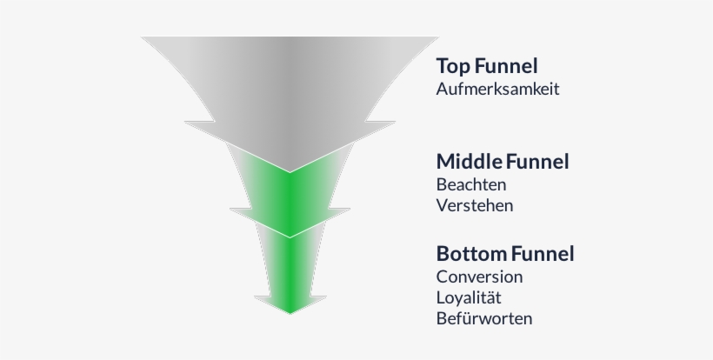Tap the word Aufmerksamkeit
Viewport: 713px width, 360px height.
pyautogui.click(x=497, y=89)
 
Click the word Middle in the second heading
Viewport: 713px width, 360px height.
pyautogui.click(x=470, y=162)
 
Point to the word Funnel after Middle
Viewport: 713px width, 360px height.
pyautogui.click(x=537, y=162)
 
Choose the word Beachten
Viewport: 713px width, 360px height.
pyautogui.click(x=471, y=184)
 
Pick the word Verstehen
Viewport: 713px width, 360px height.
pyautogui.click(x=475, y=206)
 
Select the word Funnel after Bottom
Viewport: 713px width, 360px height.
pyautogui.click(x=543, y=255)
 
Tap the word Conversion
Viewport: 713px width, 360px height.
pyautogui.click(x=480, y=277)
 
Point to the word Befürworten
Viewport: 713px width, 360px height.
pyautogui.click(x=484, y=318)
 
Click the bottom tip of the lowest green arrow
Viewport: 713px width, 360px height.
pyautogui.click(x=290, y=312)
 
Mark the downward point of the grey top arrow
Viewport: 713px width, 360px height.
pyautogui.click(x=290, y=170)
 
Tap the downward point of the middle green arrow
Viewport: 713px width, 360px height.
pyautogui.click(x=290, y=236)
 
